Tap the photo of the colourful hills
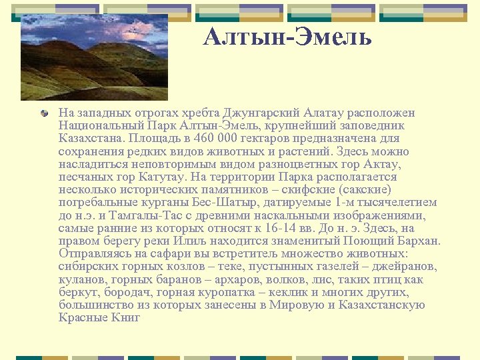coord(93,57)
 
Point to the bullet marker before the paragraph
coord(45,113)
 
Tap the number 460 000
coord(216,139)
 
